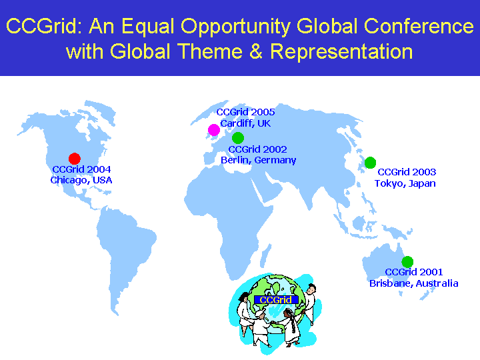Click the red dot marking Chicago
point(75,159)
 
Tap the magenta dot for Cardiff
point(214,130)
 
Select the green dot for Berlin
point(238,138)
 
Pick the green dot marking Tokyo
point(370,163)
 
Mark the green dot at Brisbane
point(407,262)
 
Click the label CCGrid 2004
point(81,169)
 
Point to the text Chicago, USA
point(81,180)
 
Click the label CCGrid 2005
point(245,112)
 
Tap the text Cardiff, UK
point(245,123)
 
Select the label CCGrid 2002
point(258,149)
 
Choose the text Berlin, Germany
point(259,160)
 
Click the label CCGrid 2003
point(407,172)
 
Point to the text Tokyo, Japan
point(405,183)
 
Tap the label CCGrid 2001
point(414,272)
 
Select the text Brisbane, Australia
point(414,283)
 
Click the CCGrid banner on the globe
point(276,300)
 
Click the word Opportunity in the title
point(236,27)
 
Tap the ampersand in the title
point(257,51)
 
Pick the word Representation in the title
point(341,51)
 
